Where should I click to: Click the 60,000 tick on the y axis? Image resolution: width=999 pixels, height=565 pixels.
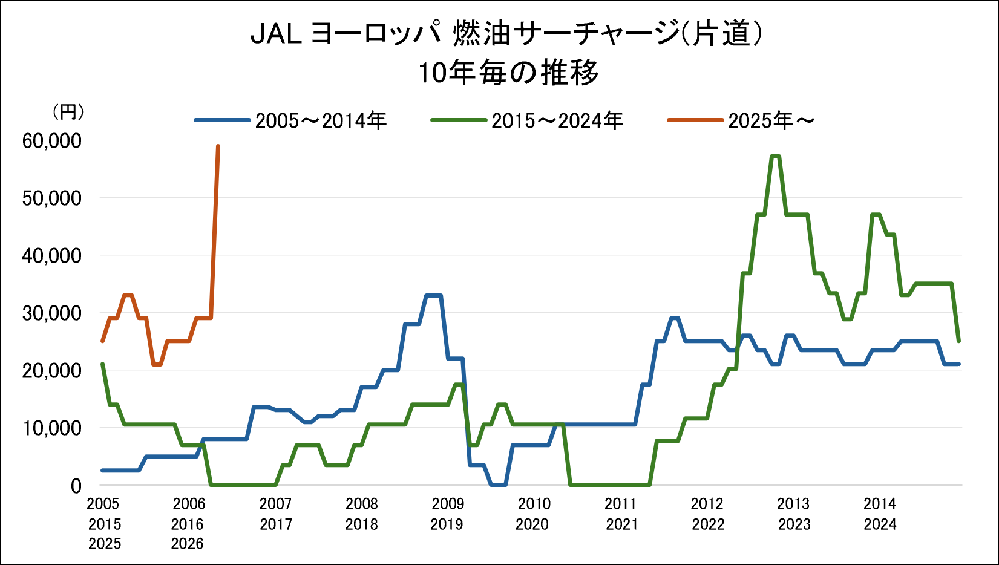coord(51,142)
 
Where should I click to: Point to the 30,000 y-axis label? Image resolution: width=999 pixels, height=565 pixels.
coord(51,313)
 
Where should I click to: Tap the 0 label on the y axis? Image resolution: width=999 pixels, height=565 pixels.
coord(76,486)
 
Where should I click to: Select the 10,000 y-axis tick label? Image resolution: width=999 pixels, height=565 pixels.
coord(51,428)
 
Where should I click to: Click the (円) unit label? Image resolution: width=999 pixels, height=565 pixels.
coord(68,112)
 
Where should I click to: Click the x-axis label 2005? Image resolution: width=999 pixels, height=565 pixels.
coord(103,504)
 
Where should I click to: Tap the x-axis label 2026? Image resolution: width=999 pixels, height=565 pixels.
coord(188,544)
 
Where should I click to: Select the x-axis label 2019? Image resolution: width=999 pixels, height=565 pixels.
coord(447,524)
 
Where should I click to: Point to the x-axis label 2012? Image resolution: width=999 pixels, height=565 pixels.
coord(707,504)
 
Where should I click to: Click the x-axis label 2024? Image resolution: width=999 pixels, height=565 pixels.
coord(880,524)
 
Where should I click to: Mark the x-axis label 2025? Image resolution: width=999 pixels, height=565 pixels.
coord(105,544)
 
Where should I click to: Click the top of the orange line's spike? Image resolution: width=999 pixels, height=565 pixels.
coord(218,146)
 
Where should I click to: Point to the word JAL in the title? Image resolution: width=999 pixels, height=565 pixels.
coord(276,34)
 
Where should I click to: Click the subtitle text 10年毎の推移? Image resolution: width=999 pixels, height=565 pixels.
coord(508,73)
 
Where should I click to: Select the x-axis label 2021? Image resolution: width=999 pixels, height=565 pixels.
coord(622,524)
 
